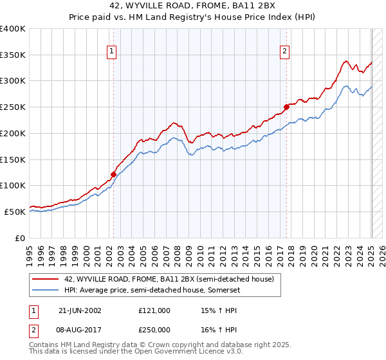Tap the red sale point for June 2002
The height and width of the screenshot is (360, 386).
tap(114, 174)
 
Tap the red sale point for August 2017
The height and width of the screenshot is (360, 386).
tap(287, 107)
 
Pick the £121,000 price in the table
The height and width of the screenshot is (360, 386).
tap(154, 310)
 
